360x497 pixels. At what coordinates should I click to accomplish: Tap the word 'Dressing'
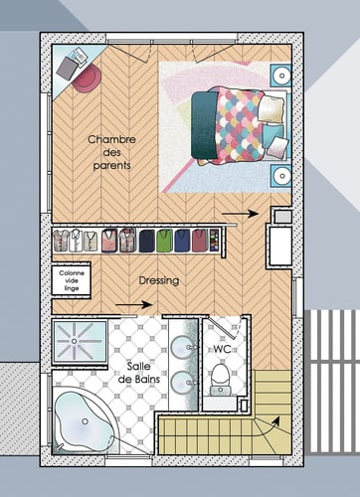159,281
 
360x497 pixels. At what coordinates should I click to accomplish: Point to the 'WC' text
223,350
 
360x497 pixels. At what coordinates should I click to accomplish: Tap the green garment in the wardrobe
182,240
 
